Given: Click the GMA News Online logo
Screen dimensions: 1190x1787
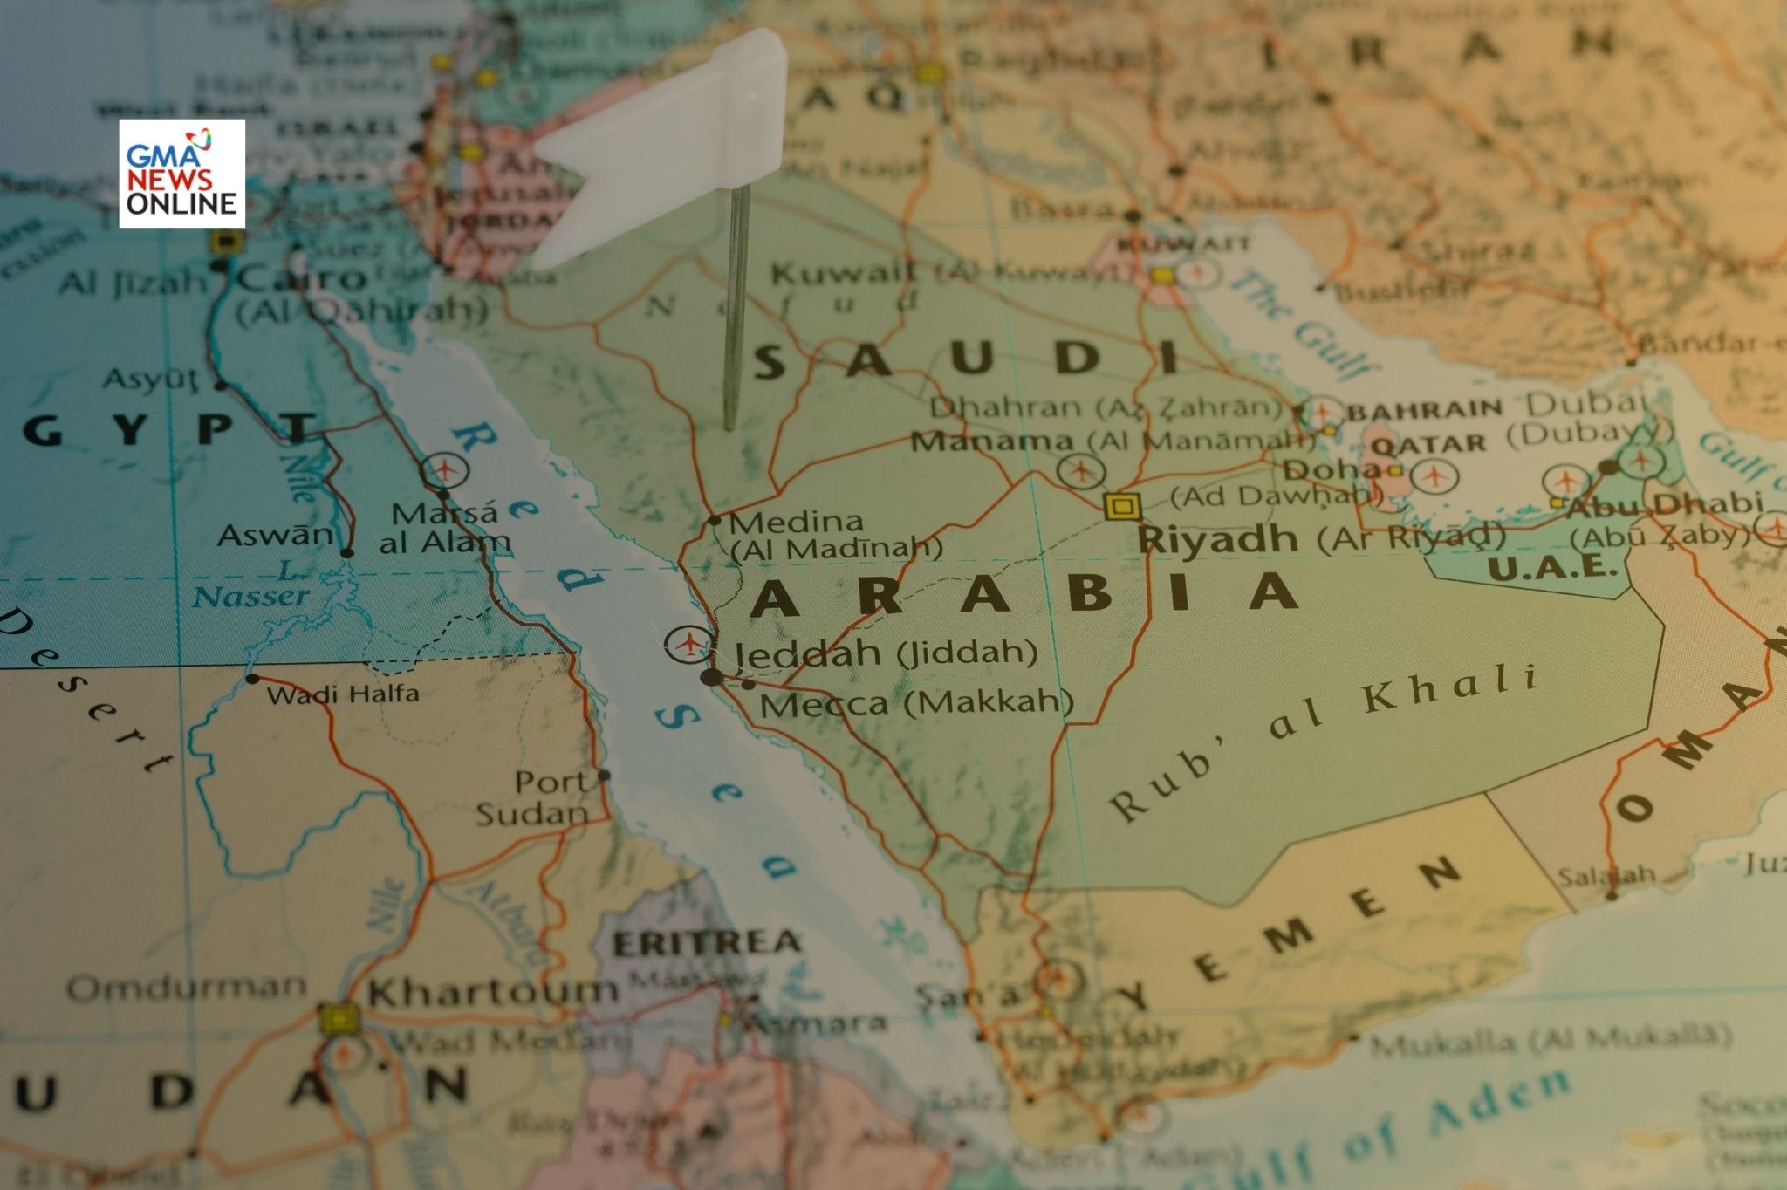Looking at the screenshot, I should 181,174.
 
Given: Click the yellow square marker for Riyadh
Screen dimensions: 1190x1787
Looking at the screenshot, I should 1121,506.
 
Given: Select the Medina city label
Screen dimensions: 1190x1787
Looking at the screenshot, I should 795,523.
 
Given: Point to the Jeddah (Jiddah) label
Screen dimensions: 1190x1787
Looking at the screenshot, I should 886,653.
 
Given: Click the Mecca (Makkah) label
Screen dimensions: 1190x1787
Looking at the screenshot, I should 916,703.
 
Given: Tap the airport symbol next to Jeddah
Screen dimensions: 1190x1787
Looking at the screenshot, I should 689,645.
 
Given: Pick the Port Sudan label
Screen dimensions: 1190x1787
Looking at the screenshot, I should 534,797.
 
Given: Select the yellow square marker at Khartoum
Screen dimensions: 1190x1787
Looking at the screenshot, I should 339,1018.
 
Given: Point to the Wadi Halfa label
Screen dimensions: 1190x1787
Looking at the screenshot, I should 343,694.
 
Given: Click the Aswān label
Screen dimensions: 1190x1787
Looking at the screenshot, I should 275,535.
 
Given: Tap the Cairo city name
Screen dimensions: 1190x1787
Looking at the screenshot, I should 302,279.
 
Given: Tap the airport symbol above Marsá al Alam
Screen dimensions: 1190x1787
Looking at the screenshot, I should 445,471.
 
